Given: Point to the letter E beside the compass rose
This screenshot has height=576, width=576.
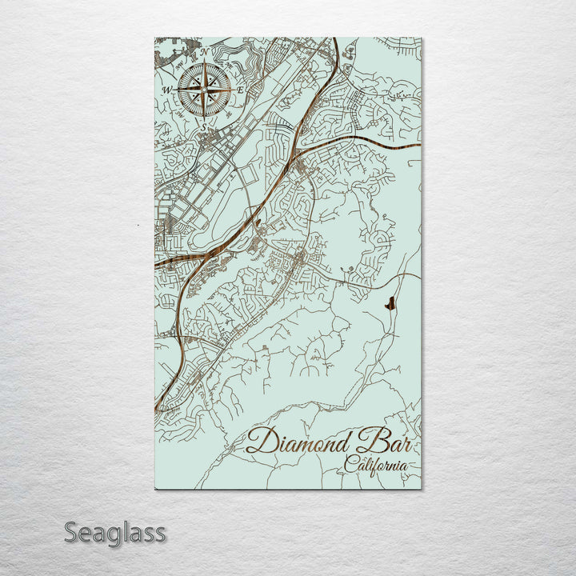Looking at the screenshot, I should point(240,90).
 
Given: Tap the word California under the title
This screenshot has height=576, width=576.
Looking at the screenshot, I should point(376,465).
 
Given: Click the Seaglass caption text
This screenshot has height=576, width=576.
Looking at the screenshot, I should point(115,532).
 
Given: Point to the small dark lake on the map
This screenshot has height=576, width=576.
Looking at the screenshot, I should point(389,304).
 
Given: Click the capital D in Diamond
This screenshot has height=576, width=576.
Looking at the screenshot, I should point(261,441).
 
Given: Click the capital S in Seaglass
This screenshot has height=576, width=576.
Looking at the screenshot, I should point(71,532).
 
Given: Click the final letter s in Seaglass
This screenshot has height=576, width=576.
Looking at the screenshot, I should point(160,534).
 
